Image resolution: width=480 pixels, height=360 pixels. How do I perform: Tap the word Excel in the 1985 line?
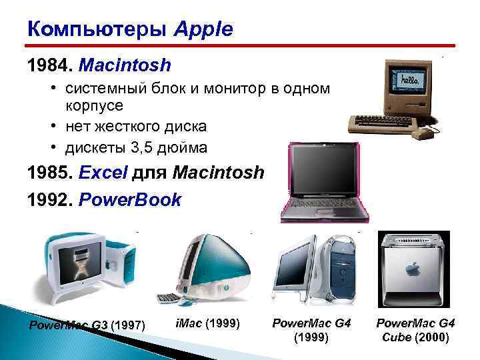click(103, 173)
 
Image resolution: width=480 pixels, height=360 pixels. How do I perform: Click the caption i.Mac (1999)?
click(207, 323)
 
